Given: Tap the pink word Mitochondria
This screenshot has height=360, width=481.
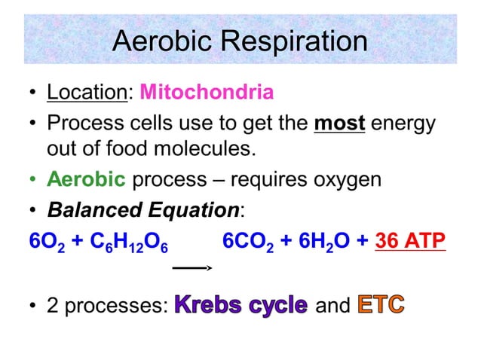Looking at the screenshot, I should click(x=207, y=93).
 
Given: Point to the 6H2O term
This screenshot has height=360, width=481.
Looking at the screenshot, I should click(x=325, y=240).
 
